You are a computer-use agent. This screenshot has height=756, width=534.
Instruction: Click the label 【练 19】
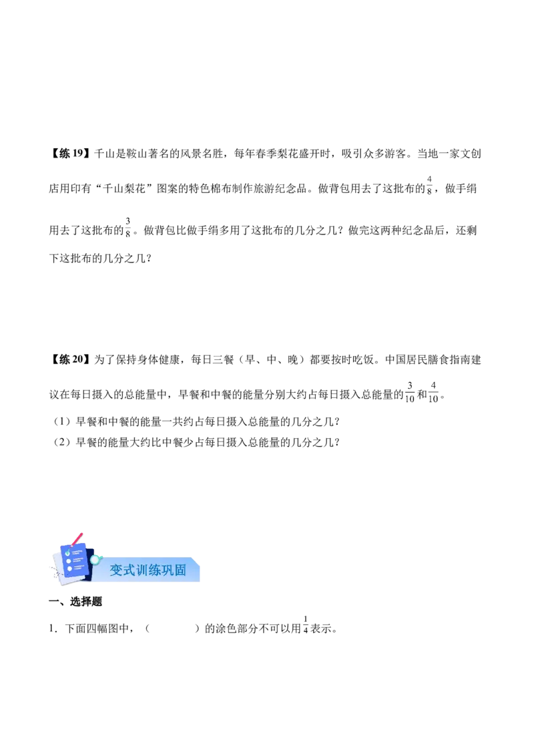(69, 154)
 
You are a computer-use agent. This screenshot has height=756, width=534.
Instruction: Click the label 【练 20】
(69, 360)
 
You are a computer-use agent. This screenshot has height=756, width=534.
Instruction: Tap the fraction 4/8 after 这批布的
(429, 185)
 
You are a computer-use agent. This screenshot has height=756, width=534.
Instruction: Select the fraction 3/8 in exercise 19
(127, 227)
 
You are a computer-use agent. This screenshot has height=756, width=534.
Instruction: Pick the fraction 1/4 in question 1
(306, 625)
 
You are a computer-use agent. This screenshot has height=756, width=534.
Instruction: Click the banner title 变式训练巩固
(148, 570)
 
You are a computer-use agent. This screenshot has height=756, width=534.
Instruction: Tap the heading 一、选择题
(75, 602)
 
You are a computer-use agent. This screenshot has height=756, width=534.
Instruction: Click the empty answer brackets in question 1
(172, 628)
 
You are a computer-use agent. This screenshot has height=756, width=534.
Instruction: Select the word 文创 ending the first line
(471, 154)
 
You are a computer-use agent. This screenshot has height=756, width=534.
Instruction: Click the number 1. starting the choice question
(53, 628)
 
